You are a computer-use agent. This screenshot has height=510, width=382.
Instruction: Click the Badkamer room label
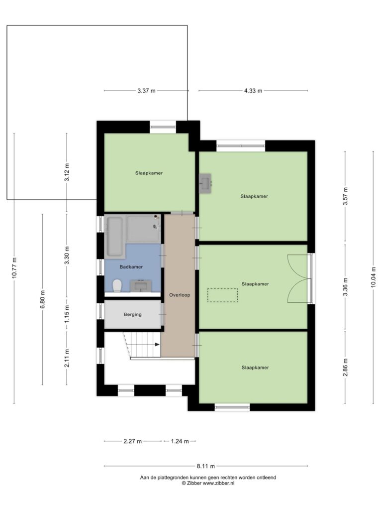(131, 267)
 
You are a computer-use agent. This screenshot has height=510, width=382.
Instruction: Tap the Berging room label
(132, 315)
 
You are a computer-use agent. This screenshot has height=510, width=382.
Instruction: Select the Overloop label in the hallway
(180, 295)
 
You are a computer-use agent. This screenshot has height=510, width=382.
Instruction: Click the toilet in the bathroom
(117, 285)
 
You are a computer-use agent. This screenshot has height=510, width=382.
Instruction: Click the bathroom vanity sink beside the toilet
(141, 286)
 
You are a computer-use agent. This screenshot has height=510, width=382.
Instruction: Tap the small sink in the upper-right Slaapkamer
(205, 183)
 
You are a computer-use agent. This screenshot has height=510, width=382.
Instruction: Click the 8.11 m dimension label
(206, 466)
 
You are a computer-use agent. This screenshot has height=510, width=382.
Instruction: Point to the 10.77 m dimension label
(14, 267)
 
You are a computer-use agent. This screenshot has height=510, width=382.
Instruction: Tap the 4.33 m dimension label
(253, 91)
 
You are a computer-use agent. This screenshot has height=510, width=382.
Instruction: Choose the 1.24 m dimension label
(180, 441)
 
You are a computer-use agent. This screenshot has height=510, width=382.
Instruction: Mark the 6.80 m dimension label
(42, 299)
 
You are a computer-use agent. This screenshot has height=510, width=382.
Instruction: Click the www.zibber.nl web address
(218, 483)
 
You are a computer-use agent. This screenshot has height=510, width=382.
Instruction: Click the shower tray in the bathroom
(144, 229)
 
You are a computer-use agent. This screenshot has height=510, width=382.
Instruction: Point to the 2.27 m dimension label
(132, 441)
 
